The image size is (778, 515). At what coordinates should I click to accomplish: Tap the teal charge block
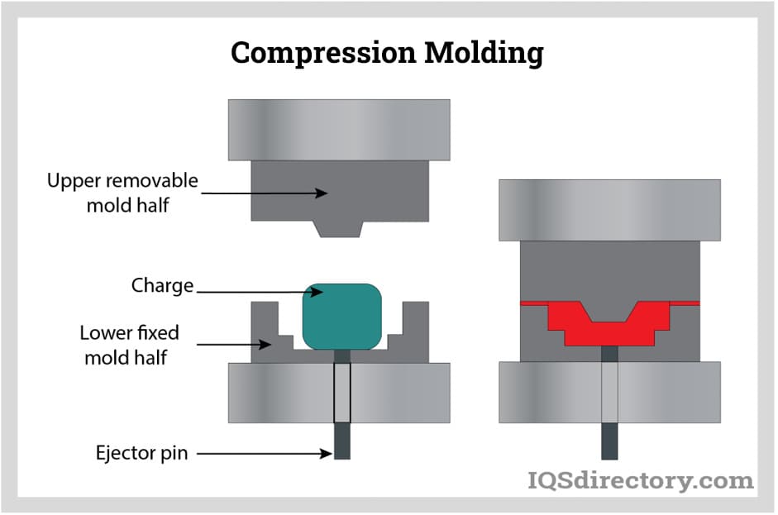tap(341, 316)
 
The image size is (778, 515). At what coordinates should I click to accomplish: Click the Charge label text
tap(162, 286)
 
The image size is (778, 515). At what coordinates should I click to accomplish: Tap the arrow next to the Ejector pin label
tap(263, 453)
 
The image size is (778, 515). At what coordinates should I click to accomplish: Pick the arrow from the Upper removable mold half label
tap(265, 193)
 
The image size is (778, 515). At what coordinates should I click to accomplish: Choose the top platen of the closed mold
tap(609, 209)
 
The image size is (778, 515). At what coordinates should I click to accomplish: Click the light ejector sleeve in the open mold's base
tap(341, 392)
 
